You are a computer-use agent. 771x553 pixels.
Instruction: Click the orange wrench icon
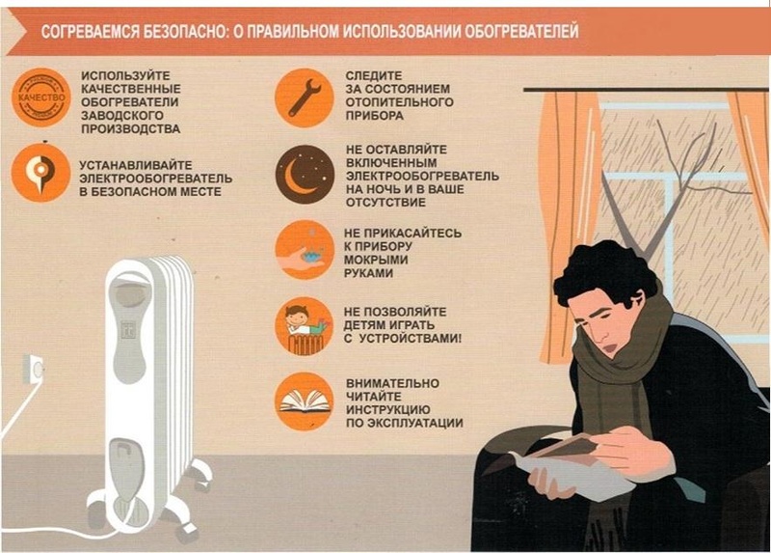pyautogui.click(x=305, y=97)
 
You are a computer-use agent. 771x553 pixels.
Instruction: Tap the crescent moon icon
pyautogui.click(x=305, y=175)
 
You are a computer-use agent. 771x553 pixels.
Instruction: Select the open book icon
pyautogui.click(x=305, y=401)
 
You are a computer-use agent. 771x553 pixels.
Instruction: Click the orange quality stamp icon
pyautogui.click(x=41, y=97)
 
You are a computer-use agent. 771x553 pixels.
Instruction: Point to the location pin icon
pyautogui.click(x=41, y=173)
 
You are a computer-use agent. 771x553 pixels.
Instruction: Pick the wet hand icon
pyautogui.click(x=305, y=250)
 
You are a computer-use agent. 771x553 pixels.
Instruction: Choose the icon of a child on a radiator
pyautogui.click(x=305, y=326)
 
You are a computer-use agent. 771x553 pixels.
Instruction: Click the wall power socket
pyautogui.click(x=34, y=370)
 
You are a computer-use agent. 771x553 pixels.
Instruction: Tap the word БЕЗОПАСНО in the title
pyautogui.click(x=185, y=32)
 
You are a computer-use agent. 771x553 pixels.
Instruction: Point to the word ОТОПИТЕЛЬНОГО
pyautogui.click(x=399, y=102)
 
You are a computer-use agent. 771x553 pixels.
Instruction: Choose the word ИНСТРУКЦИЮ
pyautogui.click(x=388, y=410)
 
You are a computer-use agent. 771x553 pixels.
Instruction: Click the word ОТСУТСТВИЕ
pyautogui.click(x=385, y=203)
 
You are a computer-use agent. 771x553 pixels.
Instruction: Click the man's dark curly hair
pyautogui.click(x=605, y=271)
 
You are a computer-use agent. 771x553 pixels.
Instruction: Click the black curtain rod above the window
pyautogui.click(x=646, y=90)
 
